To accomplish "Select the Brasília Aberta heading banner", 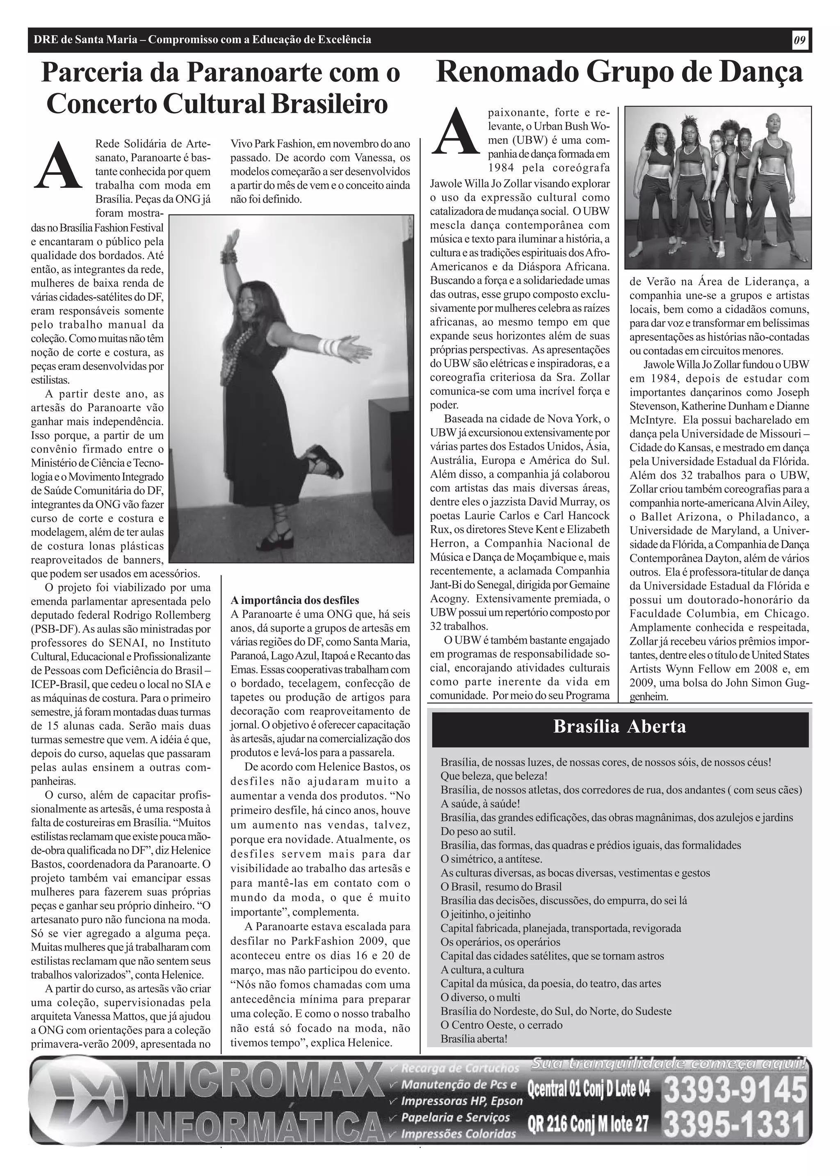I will [620, 726].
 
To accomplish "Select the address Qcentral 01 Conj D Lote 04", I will [588, 1089].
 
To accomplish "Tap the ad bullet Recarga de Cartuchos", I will [460, 1067].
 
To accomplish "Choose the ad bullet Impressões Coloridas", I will [458, 1134].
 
